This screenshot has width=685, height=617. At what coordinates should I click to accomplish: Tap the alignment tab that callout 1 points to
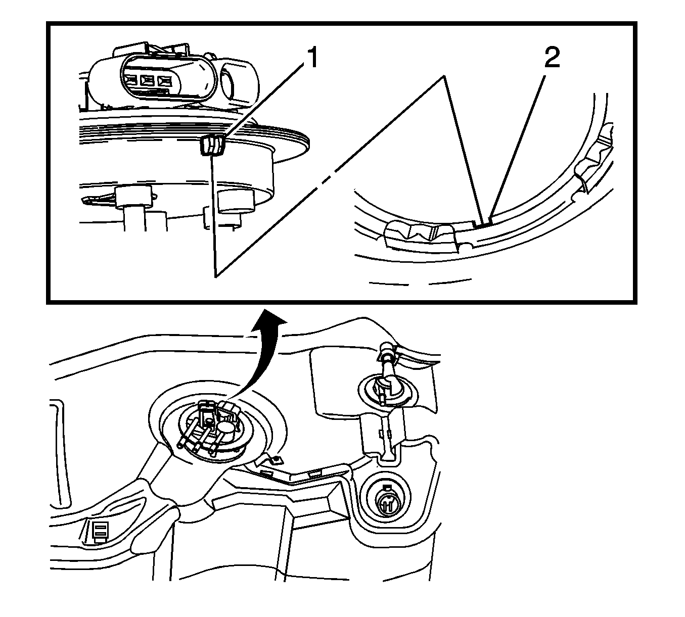212,146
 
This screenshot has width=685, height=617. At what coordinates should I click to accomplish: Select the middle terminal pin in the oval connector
148,80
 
